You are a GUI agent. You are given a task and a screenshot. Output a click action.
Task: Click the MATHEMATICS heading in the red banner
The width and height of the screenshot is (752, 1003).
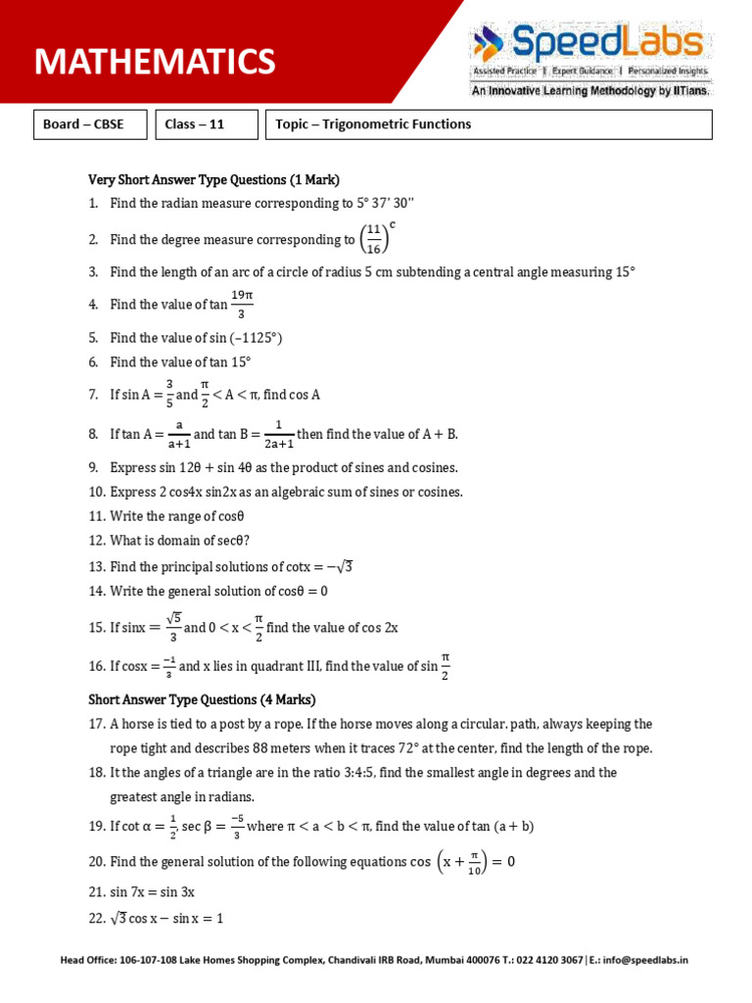pos(155,62)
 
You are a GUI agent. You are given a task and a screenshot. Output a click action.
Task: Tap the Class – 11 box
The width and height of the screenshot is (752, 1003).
pos(206,124)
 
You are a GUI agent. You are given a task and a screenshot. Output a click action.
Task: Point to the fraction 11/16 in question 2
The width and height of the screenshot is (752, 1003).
pos(372,239)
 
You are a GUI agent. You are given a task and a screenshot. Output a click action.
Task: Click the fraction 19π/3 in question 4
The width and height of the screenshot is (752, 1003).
pos(242,304)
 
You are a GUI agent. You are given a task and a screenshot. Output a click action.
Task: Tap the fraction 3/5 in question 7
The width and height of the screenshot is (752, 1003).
pos(169,394)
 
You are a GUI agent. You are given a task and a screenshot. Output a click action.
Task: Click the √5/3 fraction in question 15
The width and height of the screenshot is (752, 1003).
pos(173,627)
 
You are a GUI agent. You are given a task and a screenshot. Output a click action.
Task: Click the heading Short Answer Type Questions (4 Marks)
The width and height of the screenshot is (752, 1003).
pos(202,699)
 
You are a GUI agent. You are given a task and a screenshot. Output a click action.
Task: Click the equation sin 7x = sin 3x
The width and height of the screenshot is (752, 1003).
pos(153,892)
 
